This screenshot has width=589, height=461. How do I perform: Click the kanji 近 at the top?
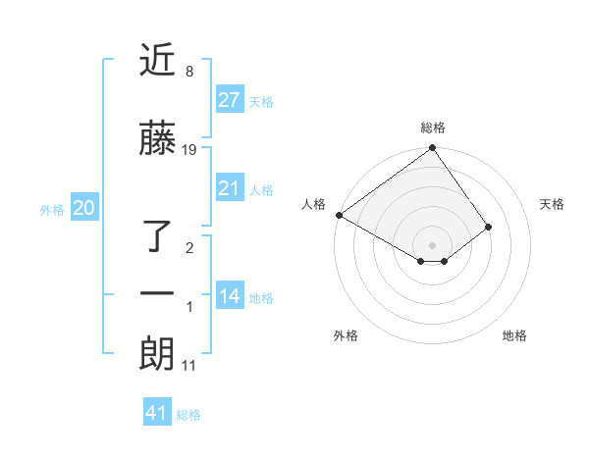click(x=157, y=60)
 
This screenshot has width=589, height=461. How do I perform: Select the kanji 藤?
click(x=157, y=142)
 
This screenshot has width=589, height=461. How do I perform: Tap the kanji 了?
click(x=157, y=235)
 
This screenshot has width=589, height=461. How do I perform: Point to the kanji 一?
click(x=157, y=294)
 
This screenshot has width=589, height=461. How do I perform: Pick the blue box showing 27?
click(x=229, y=99)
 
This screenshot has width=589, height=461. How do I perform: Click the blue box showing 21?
click(x=229, y=188)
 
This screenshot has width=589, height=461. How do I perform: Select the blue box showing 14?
click(x=229, y=296)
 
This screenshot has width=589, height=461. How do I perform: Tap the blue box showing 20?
click(x=83, y=207)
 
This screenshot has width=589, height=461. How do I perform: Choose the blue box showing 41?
click(x=157, y=413)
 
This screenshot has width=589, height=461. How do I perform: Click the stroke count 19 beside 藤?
click(x=190, y=150)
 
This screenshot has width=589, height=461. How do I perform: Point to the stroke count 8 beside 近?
click(x=188, y=71)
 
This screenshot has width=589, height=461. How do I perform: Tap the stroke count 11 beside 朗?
click(x=189, y=366)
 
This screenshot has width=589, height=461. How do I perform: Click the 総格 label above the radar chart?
click(x=433, y=128)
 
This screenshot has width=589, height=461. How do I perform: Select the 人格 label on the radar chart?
click(x=314, y=204)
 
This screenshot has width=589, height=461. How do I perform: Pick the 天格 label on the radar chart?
click(x=552, y=204)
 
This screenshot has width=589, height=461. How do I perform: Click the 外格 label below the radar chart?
click(x=346, y=335)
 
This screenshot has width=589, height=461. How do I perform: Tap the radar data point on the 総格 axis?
click(x=432, y=148)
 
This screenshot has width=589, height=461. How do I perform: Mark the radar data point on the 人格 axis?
click(x=339, y=215)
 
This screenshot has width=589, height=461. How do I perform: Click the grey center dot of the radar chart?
click(x=432, y=244)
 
